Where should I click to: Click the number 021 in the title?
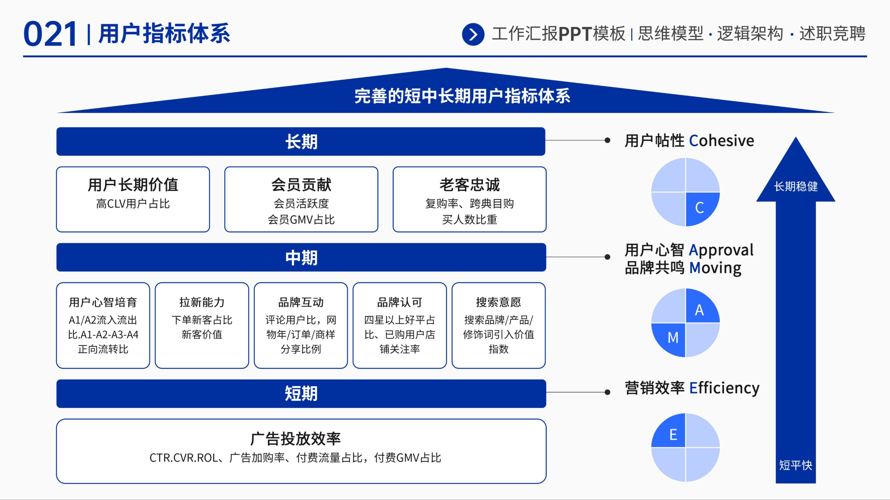[50, 34]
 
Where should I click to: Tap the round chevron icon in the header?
[473, 34]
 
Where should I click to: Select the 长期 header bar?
[301, 141]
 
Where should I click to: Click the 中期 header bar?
[301, 257]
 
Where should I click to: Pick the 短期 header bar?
[301, 393]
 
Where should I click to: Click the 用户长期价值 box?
[133, 199]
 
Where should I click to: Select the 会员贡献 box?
[301, 199]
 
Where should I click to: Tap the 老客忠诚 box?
[469, 199]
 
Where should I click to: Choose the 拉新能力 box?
[202, 325]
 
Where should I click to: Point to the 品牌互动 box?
[301, 325]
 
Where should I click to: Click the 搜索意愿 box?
[499, 325]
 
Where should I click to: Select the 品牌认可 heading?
[400, 302]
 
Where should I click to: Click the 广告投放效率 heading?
[296, 439]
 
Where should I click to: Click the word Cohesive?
[721, 141]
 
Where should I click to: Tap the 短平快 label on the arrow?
[795, 465]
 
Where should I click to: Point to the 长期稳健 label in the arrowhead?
[796, 186]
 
